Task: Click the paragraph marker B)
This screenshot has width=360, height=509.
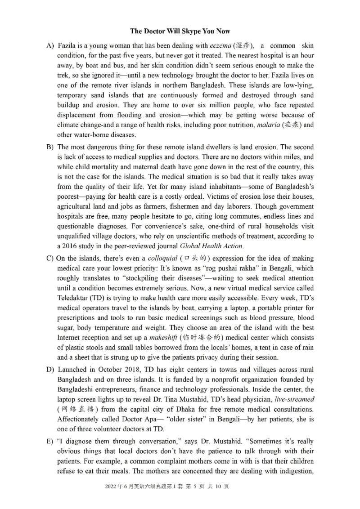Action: point(50,147)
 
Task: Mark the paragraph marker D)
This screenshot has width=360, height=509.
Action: point(50,370)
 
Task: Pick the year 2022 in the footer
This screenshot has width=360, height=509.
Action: point(110,486)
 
